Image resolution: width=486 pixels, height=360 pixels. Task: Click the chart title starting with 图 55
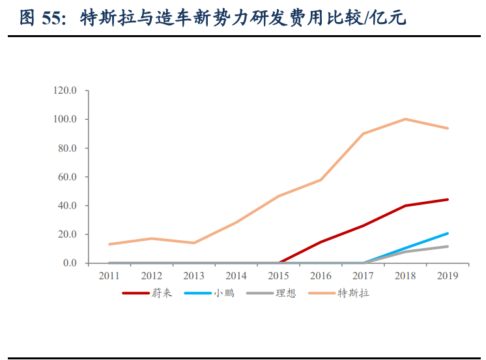[x=212, y=18]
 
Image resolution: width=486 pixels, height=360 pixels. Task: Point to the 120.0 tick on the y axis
[x=65, y=90]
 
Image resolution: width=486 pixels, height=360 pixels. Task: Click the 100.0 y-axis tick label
[x=65, y=119]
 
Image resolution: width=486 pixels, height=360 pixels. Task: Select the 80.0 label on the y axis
[x=67, y=148]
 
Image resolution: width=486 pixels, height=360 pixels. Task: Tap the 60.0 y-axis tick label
[x=67, y=176]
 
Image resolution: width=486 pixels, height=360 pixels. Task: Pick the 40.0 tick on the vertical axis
[x=67, y=206]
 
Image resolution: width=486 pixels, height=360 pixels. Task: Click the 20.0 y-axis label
[x=67, y=234]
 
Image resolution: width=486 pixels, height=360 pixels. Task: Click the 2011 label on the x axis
[x=109, y=275]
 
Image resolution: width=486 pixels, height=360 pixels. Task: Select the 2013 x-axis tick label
[x=193, y=275]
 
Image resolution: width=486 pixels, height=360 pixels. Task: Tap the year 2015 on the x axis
[x=278, y=275]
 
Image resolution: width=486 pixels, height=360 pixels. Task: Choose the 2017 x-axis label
[x=363, y=275]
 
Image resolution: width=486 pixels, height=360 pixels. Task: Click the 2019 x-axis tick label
[x=448, y=275]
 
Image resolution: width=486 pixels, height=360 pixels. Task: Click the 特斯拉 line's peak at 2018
[x=405, y=119]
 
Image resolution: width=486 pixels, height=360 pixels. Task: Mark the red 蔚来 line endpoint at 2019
[x=448, y=199]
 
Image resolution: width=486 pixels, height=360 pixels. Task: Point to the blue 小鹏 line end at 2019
[x=448, y=233]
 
